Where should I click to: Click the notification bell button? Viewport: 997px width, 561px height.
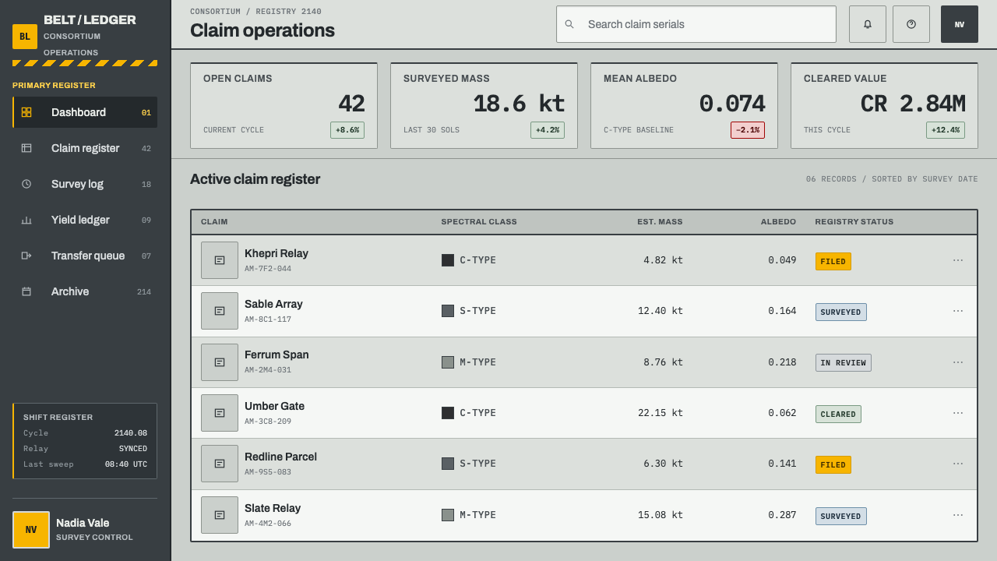pyautogui.click(x=867, y=24)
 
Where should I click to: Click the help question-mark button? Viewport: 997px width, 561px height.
pyautogui.click(x=911, y=24)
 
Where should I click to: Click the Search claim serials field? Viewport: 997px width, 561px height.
pyautogui.click(x=696, y=24)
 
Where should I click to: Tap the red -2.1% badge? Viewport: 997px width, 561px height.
pyautogui.click(x=747, y=130)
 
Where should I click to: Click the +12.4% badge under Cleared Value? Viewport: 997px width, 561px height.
pyautogui.click(x=946, y=130)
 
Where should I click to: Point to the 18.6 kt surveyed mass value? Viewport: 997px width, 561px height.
pyautogui.click(x=519, y=104)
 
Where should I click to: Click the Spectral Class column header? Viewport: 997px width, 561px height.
pyautogui.click(x=479, y=222)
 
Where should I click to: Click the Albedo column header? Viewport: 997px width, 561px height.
pyautogui.click(x=778, y=222)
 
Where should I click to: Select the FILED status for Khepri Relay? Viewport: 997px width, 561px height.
pyautogui.click(x=833, y=261)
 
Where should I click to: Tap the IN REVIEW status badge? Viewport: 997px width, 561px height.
pyautogui.click(x=843, y=363)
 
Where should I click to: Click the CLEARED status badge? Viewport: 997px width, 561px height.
pyautogui.click(x=838, y=414)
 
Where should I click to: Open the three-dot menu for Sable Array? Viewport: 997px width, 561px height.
pyautogui.click(x=958, y=311)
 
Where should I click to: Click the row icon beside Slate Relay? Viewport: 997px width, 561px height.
pyautogui.click(x=220, y=515)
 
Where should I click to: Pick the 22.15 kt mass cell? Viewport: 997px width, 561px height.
pyautogui.click(x=660, y=413)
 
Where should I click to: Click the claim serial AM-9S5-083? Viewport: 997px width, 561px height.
pyautogui.click(x=267, y=472)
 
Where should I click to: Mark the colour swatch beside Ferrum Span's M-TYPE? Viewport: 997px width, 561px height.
pyautogui.click(x=448, y=362)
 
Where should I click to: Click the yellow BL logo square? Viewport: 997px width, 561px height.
pyautogui.click(x=25, y=36)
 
